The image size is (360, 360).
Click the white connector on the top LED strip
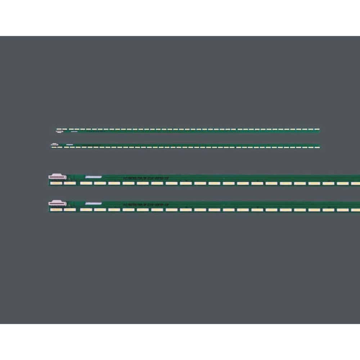click(59, 132)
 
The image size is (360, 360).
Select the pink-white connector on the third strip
click(58, 177)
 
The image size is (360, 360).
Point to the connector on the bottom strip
click(58, 203)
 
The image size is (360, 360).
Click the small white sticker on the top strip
click(75, 132)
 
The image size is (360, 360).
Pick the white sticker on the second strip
click(69, 145)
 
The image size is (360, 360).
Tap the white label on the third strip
click(94, 177)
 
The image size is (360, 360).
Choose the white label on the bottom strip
click(94, 203)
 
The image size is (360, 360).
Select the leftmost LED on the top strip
click(59, 129)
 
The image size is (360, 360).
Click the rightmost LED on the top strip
click(316, 129)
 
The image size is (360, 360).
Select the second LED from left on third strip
click(70, 183)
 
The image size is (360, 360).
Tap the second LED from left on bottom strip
click(70, 210)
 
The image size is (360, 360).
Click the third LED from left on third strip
click(86, 183)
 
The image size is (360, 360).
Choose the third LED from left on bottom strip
click(86, 210)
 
